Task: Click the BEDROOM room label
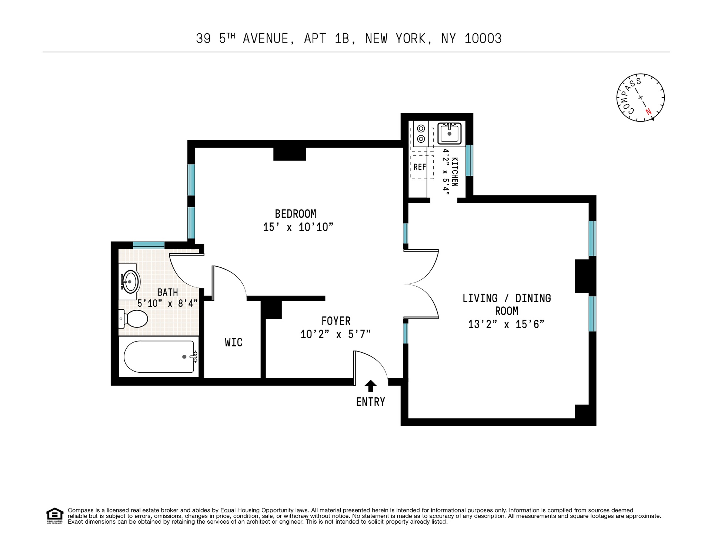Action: [295, 214]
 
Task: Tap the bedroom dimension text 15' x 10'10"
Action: [298, 227]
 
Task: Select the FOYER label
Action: [336, 321]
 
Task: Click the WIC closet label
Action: [234, 342]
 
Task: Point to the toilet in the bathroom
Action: [134, 319]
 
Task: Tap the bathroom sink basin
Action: [131, 282]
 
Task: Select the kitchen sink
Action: [450, 133]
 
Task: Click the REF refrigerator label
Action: [420, 167]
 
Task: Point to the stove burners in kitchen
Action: [421, 134]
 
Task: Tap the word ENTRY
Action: [370, 402]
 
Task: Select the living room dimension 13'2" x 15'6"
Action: [506, 325]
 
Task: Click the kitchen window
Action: [469, 160]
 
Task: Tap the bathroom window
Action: [148, 245]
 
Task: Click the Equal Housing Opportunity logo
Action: [54, 515]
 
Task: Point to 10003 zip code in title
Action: [483, 39]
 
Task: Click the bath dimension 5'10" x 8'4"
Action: [167, 303]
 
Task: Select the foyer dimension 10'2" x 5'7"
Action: [336, 335]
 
